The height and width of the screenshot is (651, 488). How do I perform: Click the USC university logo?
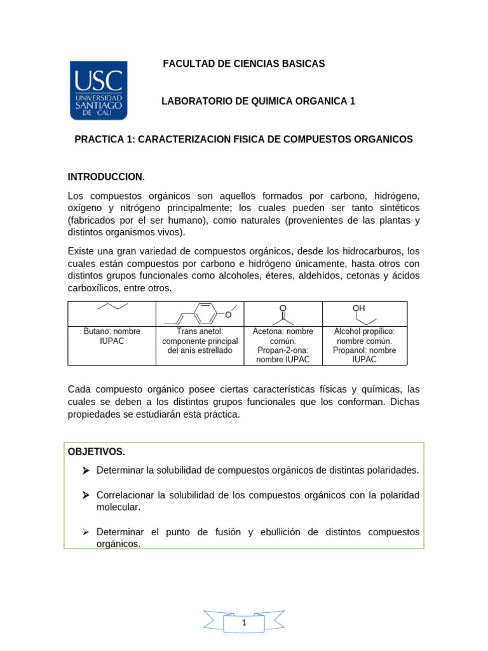[x=98, y=90]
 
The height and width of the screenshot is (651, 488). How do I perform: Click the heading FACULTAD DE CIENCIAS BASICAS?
[x=244, y=64]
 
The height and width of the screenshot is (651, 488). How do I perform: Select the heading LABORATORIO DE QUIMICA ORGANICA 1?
[x=259, y=101]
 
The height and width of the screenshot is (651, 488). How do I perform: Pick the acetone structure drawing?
[x=283, y=314]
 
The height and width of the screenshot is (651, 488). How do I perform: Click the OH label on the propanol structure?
[x=359, y=308]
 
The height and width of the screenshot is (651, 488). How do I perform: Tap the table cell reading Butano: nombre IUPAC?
[x=112, y=336]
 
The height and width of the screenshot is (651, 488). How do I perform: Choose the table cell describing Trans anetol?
[x=200, y=341]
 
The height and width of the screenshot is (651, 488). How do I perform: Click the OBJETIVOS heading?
[x=96, y=452]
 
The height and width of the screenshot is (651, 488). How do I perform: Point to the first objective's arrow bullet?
[x=86, y=470]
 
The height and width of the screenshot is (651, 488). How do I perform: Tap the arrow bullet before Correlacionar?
[x=86, y=495]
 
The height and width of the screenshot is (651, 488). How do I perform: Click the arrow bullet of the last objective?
[x=86, y=532]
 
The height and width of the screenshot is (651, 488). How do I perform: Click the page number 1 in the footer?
[x=244, y=624]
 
